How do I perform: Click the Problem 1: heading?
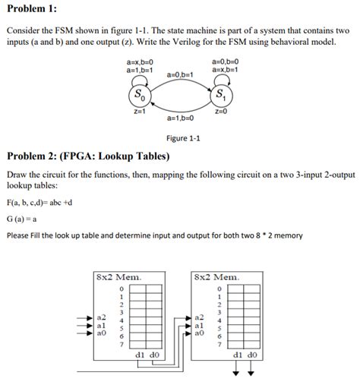point(31,8)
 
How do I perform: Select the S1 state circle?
point(219,97)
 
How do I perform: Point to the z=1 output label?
point(139,112)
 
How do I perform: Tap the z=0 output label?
point(221,112)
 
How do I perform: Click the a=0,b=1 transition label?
point(179,74)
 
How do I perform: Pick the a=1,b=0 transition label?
point(179,119)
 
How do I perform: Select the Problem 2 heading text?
point(88,156)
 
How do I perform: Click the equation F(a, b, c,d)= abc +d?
point(39,203)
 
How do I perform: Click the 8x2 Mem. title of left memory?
point(118,276)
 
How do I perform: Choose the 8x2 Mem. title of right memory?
point(217,276)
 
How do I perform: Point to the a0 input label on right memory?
point(200,333)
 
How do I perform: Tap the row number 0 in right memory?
point(219,289)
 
